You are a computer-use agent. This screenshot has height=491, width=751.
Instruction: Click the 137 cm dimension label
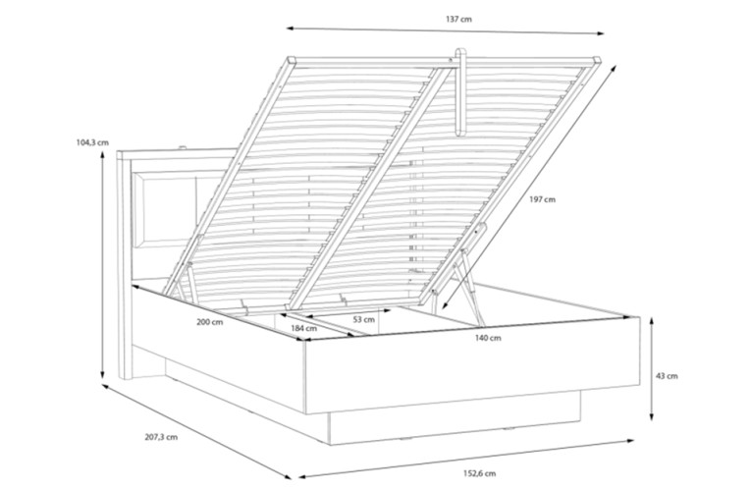tap(458, 20)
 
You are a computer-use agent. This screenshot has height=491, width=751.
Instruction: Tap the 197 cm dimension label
tap(542, 199)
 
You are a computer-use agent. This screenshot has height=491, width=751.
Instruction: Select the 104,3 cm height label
tap(92, 142)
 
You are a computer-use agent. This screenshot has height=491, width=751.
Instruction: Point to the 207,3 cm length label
tap(161, 437)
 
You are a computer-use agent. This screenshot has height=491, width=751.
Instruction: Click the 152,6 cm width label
tap(479, 473)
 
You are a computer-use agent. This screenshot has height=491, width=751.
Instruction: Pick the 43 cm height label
tap(667, 376)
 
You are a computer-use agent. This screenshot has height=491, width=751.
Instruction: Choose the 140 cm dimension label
tap(488, 338)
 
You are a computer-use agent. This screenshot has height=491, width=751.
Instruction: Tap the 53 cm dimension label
tap(364, 319)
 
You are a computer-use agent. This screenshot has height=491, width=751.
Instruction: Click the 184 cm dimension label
tap(303, 328)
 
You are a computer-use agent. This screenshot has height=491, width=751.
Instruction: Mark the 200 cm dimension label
tap(210, 322)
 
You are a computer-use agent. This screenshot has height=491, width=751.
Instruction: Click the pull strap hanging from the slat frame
tap(460, 92)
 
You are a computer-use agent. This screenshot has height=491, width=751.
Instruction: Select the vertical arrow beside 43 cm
tap(652, 369)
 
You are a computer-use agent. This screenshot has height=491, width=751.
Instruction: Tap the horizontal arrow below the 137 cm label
tap(446, 30)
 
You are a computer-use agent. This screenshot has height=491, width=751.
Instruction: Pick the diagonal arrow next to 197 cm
tap(528, 187)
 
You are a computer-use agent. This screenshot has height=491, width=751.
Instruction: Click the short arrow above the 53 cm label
tap(349, 313)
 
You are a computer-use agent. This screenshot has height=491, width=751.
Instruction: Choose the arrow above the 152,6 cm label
tap(466, 459)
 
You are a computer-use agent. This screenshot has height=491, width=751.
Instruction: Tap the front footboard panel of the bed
tap(473, 365)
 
